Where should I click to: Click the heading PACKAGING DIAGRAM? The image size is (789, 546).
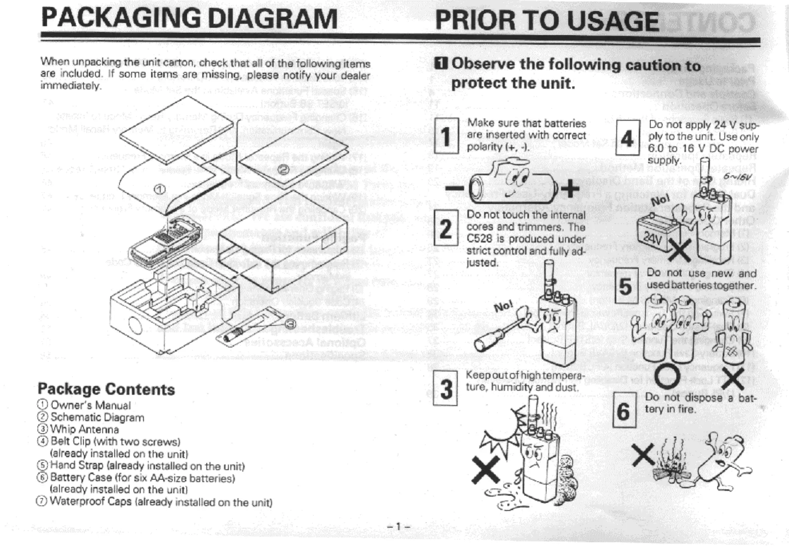click(x=189, y=19)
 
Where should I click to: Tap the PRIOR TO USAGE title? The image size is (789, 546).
click(x=547, y=21)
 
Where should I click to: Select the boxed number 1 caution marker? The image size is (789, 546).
click(x=446, y=136)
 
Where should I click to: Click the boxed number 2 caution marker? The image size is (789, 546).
click(x=446, y=228)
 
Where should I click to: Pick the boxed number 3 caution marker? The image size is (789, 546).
click(x=445, y=388)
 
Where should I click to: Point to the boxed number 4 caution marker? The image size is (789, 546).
click(x=627, y=139)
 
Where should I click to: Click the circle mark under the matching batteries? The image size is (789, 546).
click(x=667, y=378)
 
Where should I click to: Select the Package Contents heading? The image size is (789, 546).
click(x=106, y=389)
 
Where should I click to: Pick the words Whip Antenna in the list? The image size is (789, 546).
click(x=84, y=430)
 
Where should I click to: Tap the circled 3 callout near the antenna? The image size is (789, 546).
click(x=291, y=324)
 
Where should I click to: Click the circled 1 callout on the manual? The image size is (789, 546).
click(x=159, y=189)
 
